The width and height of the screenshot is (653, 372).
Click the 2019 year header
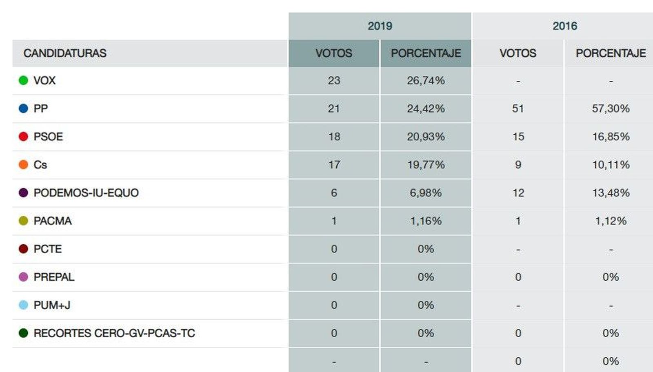380,26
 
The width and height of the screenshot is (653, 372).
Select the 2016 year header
564,26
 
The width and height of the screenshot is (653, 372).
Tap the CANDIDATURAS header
65,53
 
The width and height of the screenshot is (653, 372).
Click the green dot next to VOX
23,80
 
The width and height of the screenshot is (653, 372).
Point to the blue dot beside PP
23,108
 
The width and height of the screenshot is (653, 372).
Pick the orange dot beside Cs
23,165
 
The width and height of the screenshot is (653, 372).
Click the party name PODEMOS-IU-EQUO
86,193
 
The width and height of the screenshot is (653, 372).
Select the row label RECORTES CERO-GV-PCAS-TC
114,333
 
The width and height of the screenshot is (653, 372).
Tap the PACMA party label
53,221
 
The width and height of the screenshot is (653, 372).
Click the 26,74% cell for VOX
426,81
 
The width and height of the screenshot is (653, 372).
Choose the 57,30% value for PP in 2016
611,108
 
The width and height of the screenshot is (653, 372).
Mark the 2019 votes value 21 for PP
334,108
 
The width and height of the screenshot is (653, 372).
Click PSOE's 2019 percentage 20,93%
426,137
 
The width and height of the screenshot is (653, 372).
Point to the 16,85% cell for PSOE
611,137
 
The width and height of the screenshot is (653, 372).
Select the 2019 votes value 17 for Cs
334,165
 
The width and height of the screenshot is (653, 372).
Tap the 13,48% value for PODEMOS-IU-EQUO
611,193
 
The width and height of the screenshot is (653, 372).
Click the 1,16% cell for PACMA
426,221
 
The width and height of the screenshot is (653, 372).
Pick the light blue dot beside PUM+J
23,305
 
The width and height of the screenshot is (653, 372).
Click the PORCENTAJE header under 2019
426,53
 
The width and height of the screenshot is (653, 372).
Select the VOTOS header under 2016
518,53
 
